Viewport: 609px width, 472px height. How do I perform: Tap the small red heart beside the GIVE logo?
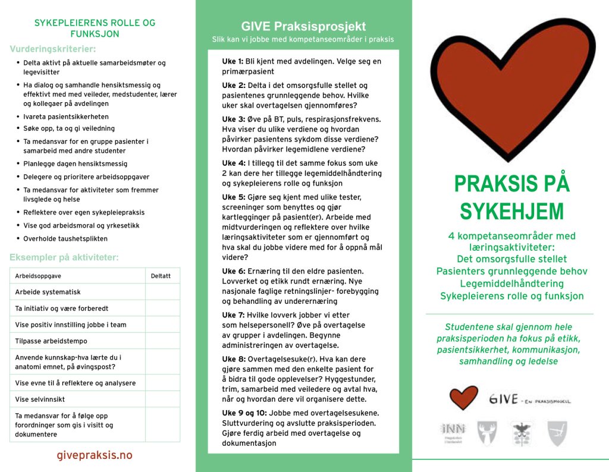[x=463, y=397]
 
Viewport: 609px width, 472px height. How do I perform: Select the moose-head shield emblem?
[x=487, y=433]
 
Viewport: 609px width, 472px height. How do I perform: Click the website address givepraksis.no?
[x=95, y=455]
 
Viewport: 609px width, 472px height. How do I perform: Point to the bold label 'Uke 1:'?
[x=233, y=61]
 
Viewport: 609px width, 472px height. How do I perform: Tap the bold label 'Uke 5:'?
[x=233, y=197]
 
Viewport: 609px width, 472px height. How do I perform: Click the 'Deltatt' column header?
[x=161, y=276]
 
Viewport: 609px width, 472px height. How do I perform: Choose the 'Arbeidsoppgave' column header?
[x=38, y=276]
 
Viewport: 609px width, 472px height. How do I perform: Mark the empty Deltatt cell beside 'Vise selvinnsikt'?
[x=162, y=399]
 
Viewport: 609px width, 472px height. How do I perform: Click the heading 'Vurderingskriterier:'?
[x=53, y=49]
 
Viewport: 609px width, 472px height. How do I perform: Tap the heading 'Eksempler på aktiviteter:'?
[x=64, y=257]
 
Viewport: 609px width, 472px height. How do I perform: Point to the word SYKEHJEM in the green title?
[x=512, y=211]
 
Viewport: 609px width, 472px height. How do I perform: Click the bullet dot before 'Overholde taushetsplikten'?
[x=18, y=238]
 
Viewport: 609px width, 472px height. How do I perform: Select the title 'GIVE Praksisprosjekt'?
[x=303, y=27]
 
